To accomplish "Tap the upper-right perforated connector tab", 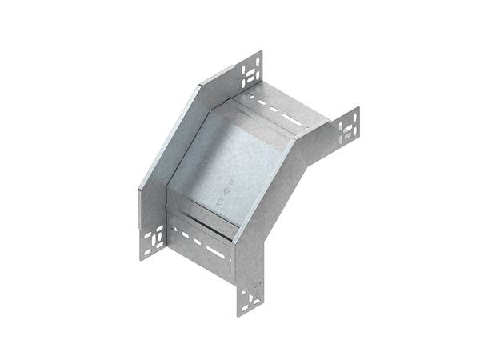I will click(x=349, y=129).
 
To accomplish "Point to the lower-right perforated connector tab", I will click(x=250, y=296).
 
